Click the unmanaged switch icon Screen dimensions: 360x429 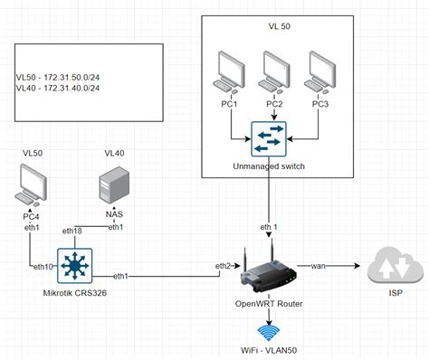click(x=269, y=138)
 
